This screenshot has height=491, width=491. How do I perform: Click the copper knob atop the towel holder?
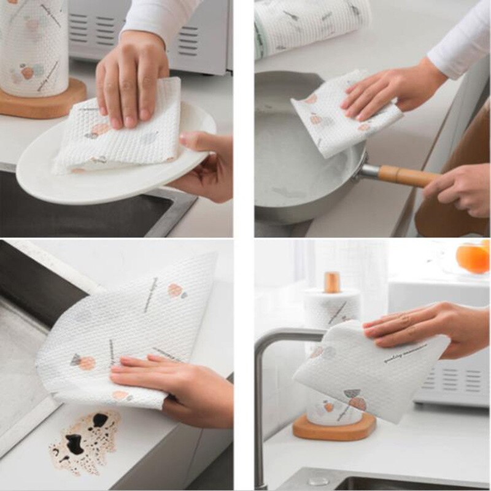[x=333, y=282]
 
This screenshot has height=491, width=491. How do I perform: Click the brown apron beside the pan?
[x=457, y=153]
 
